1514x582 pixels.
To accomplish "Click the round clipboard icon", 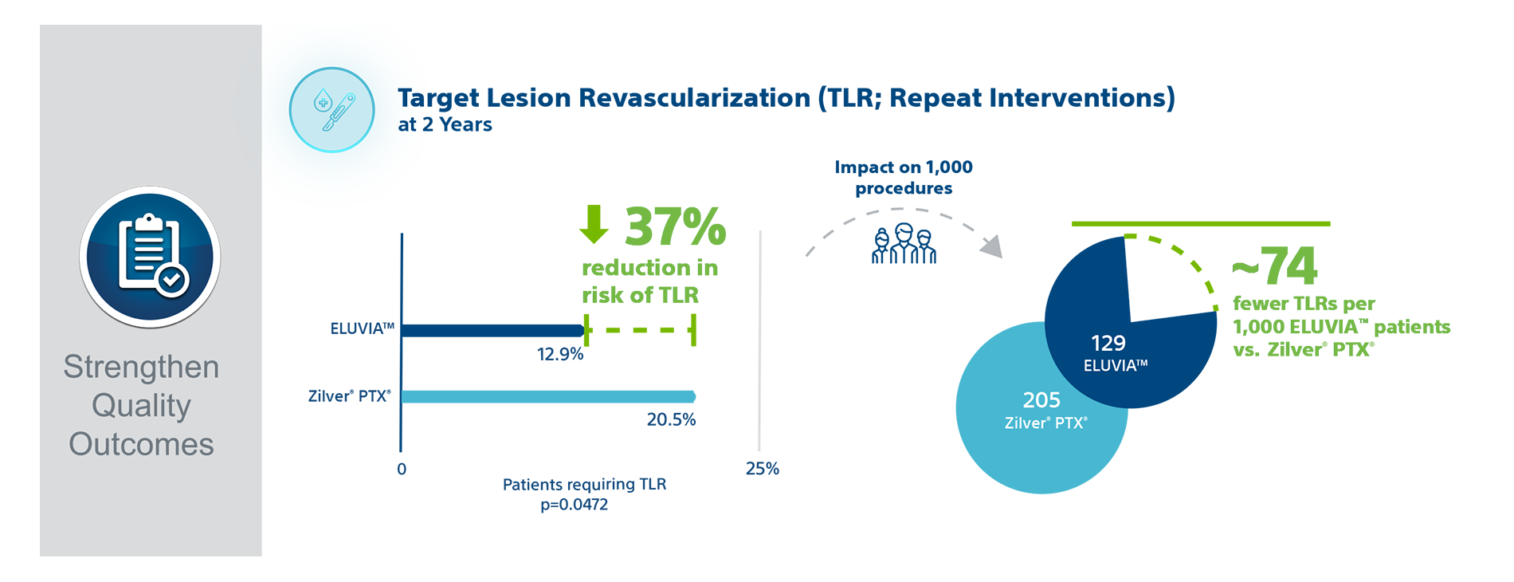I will click(150, 257).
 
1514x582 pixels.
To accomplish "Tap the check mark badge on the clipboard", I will click(172, 280).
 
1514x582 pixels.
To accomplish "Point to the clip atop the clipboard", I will click(149, 222).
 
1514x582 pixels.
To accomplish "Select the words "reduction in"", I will click(649, 269).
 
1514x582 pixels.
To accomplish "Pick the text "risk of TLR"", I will click(641, 294).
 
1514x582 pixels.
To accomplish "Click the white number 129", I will click(1108, 344).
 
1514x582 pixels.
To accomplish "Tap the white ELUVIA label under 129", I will click(1115, 366).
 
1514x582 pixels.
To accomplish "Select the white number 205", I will click(1041, 400).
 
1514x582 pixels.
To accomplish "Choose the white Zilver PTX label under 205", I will click(1045, 423).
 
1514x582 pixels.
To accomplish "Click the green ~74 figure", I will click(1275, 271).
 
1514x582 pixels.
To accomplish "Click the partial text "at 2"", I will click(410, 125).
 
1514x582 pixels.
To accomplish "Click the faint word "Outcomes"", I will click(143, 443).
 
